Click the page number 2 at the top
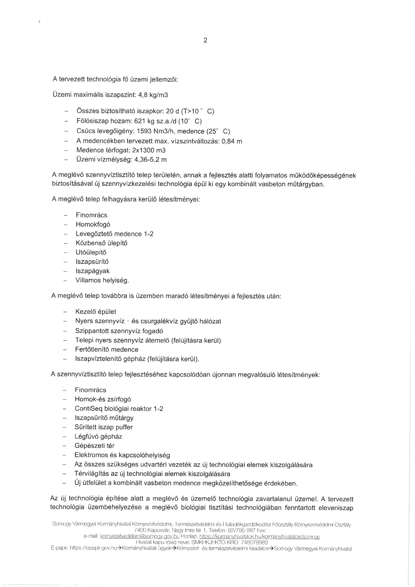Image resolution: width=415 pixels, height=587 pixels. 205,41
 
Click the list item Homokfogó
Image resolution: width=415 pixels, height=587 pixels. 93,225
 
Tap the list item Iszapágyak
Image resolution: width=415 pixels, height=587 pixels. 92,271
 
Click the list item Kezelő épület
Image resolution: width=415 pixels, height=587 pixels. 96,312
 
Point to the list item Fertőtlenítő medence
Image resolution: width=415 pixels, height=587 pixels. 107,350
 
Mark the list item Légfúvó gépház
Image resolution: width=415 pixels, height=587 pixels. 98,437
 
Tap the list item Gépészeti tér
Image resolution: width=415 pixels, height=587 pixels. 95,446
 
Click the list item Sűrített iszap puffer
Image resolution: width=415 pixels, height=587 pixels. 104,427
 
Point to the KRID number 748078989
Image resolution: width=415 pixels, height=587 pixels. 255,542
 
